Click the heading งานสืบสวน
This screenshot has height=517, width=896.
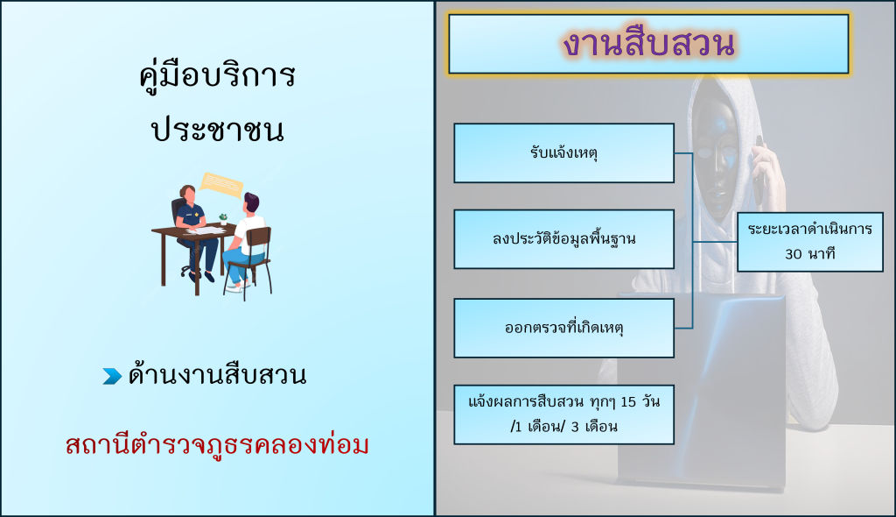pos(648,44)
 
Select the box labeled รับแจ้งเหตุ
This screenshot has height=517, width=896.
pos(564,152)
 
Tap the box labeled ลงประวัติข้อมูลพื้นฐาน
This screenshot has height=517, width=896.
pos(564,238)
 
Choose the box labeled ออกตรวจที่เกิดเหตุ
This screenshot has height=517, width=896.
pos(564,328)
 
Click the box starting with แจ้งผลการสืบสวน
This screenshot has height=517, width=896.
pos(564,414)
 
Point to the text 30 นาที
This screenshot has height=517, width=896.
pos(809,253)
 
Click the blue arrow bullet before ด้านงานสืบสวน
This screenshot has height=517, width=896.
pos(112,376)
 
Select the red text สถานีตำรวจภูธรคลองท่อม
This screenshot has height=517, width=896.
pos(217,445)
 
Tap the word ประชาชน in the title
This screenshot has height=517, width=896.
pos(218,130)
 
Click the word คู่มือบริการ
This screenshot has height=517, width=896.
pos(217,75)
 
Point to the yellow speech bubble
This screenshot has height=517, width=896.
pos(220,185)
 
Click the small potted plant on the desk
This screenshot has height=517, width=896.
pos(223,218)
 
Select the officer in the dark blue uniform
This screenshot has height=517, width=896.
pos(194,232)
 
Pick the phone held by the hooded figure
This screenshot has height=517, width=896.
pos(759,171)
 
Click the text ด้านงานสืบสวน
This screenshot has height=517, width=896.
pos(217,375)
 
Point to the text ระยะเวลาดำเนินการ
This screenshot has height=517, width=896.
pos(809,229)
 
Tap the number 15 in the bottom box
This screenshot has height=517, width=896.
pos(628,402)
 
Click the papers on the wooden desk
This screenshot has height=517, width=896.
pos(206,230)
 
